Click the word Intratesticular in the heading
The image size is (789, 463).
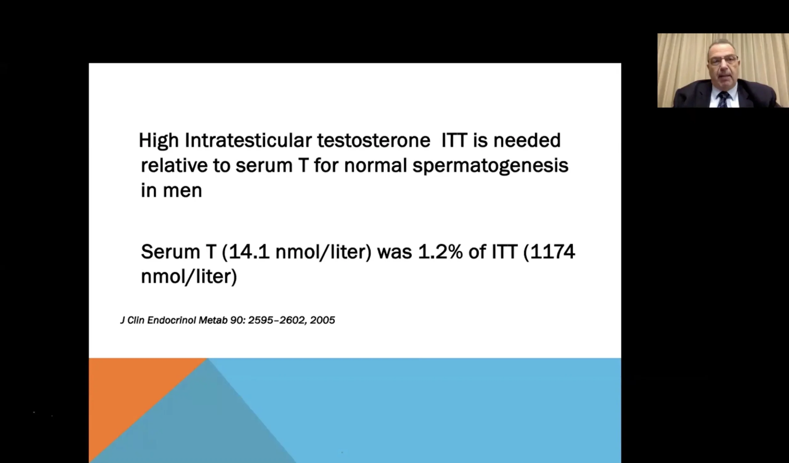pos(248,140)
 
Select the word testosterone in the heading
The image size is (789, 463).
pos(374,140)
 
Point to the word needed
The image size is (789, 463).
pos(527,140)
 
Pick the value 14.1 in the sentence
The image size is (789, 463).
pos(249,252)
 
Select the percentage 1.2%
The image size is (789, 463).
pos(440,252)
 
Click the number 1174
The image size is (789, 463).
pos(552,252)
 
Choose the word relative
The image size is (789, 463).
pos(174,165)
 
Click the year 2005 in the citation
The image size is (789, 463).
pos(322,320)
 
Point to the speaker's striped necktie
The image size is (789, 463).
pos(724,99)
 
